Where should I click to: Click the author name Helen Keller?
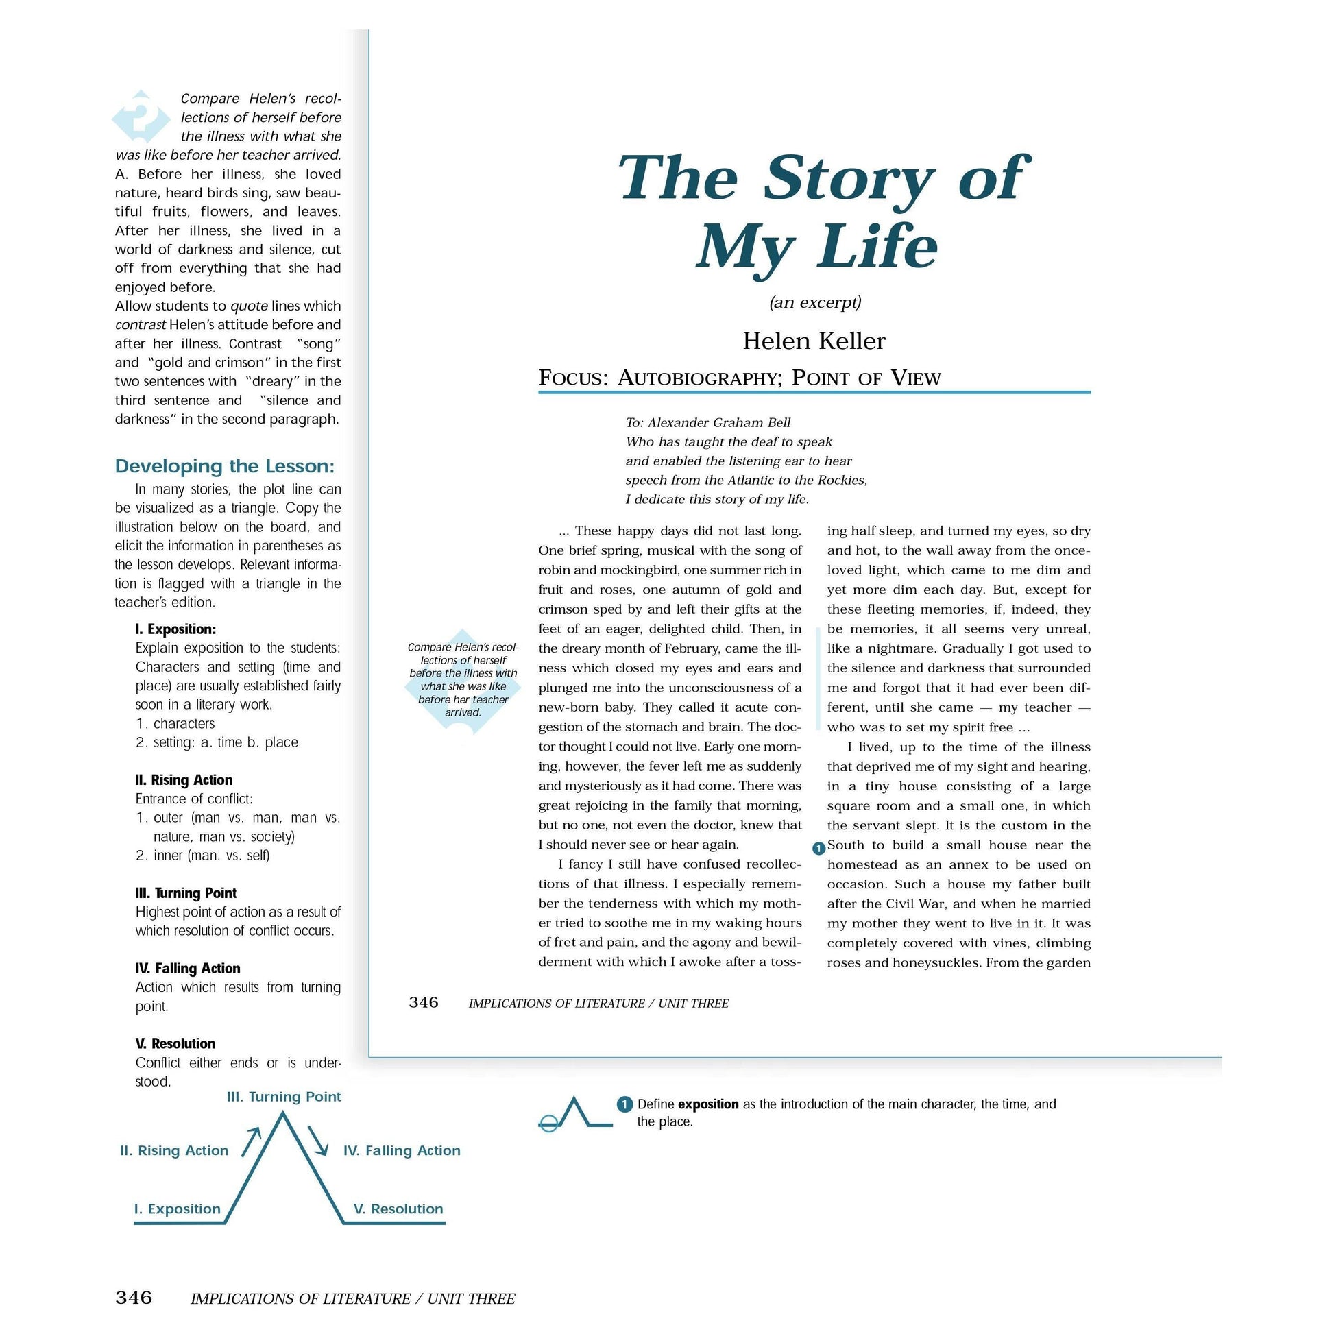click(814, 341)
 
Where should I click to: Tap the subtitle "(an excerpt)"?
click(815, 302)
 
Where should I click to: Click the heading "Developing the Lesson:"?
click(224, 466)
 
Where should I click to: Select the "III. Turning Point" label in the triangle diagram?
click(284, 1097)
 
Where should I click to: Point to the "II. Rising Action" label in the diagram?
click(174, 1150)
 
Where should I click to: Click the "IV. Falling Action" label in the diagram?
click(402, 1150)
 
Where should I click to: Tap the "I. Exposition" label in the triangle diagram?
click(178, 1209)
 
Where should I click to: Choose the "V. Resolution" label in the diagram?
click(398, 1209)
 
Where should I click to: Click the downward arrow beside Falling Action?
click(318, 1141)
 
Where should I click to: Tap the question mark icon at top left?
click(141, 119)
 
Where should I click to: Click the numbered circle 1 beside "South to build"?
click(819, 849)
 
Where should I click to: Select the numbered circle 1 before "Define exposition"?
click(624, 1104)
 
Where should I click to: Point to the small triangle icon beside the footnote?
click(574, 1113)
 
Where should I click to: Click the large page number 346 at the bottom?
click(133, 1298)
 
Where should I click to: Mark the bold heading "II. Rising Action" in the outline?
click(184, 780)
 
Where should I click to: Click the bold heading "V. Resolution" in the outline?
click(175, 1043)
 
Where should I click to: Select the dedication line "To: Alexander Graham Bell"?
click(707, 422)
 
